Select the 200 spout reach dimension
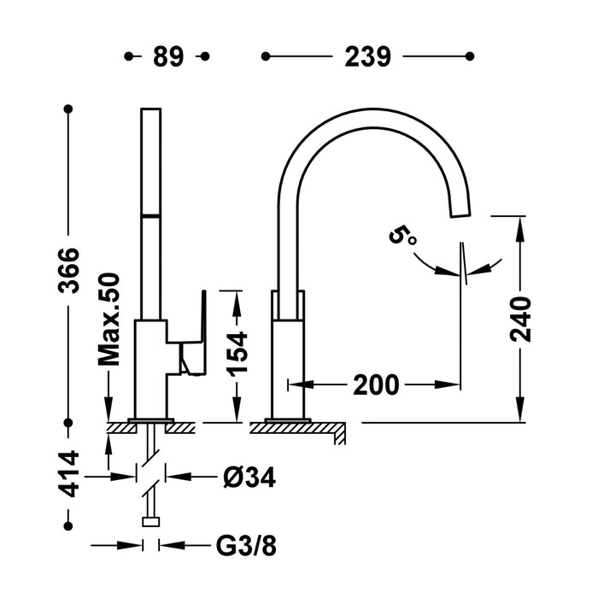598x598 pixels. coord(375,385)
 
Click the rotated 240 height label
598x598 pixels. coord(520,319)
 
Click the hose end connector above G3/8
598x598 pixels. coord(152,522)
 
